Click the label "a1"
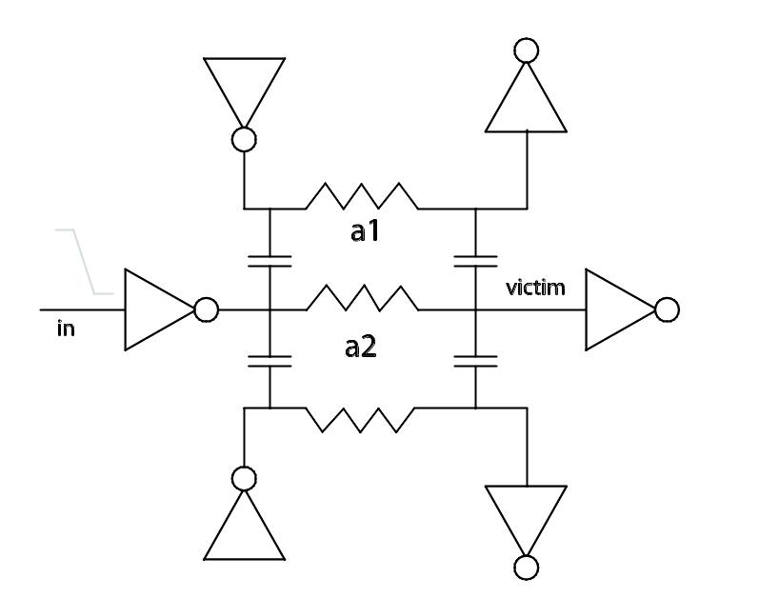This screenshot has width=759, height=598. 365,231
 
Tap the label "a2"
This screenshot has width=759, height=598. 361,348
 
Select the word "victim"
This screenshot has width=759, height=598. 535,288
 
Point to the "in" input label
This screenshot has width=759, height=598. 66,329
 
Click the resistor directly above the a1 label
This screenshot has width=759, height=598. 362,196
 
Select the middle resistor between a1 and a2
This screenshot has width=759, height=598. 362,297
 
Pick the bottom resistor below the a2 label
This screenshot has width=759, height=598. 361,420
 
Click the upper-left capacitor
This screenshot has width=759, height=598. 270,261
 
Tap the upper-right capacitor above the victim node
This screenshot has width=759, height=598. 475,261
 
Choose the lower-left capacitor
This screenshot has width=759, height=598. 270,362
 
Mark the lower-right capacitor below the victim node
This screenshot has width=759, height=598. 475,362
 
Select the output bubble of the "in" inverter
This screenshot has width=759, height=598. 207,309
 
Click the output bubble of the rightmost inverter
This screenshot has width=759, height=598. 667,309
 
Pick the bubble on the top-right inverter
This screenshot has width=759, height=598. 527,50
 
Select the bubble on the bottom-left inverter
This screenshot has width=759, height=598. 244,479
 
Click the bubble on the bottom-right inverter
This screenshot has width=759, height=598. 527,568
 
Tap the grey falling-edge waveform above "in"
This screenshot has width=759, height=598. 84,261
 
